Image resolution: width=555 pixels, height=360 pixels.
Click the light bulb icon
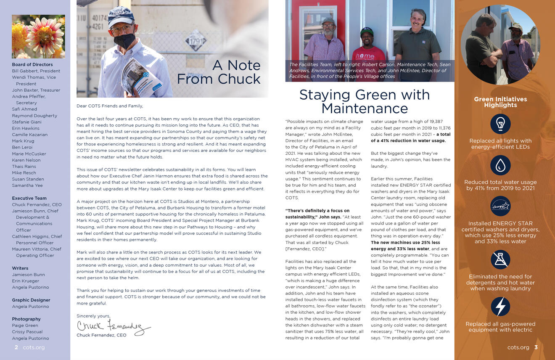[500, 124]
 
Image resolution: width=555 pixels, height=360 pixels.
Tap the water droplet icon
[500, 165]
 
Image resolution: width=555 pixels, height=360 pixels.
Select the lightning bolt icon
[500, 307]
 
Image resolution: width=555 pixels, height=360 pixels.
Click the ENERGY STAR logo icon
[500, 206]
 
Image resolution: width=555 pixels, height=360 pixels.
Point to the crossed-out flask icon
[500, 259]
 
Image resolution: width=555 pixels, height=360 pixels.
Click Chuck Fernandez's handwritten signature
[113, 326]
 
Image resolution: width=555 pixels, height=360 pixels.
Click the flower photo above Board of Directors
[38, 37]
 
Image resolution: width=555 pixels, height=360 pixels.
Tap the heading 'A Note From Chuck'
[219, 72]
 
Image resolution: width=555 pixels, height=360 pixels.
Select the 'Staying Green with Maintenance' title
[364, 101]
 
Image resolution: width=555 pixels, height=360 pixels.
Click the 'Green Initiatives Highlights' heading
[500, 102]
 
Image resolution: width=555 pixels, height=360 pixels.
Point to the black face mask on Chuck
[124, 41]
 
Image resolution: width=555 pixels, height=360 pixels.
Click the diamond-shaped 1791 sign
[196, 41]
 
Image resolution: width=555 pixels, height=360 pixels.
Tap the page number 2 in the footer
[16, 347]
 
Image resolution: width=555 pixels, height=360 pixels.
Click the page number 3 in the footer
[536, 347]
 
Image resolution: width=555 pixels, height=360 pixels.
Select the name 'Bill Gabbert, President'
[36, 71]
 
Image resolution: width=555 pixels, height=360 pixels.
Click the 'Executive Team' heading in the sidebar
[29, 198]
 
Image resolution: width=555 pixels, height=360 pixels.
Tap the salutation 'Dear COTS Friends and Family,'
[110, 106]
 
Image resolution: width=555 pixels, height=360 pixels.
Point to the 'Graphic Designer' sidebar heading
[31, 300]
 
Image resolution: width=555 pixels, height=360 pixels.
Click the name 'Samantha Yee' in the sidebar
[27, 185]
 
